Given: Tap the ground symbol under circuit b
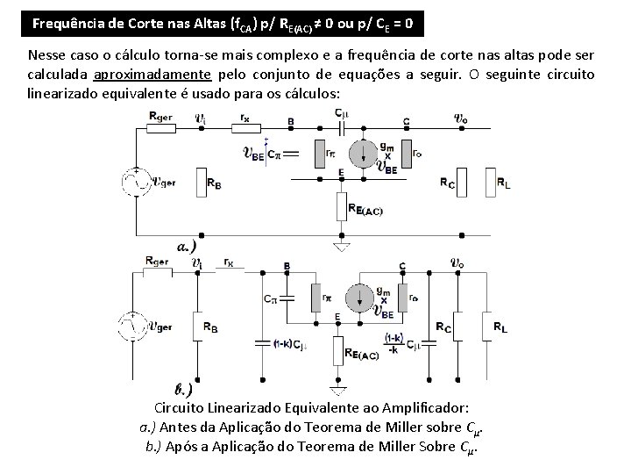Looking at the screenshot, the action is [337, 386].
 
